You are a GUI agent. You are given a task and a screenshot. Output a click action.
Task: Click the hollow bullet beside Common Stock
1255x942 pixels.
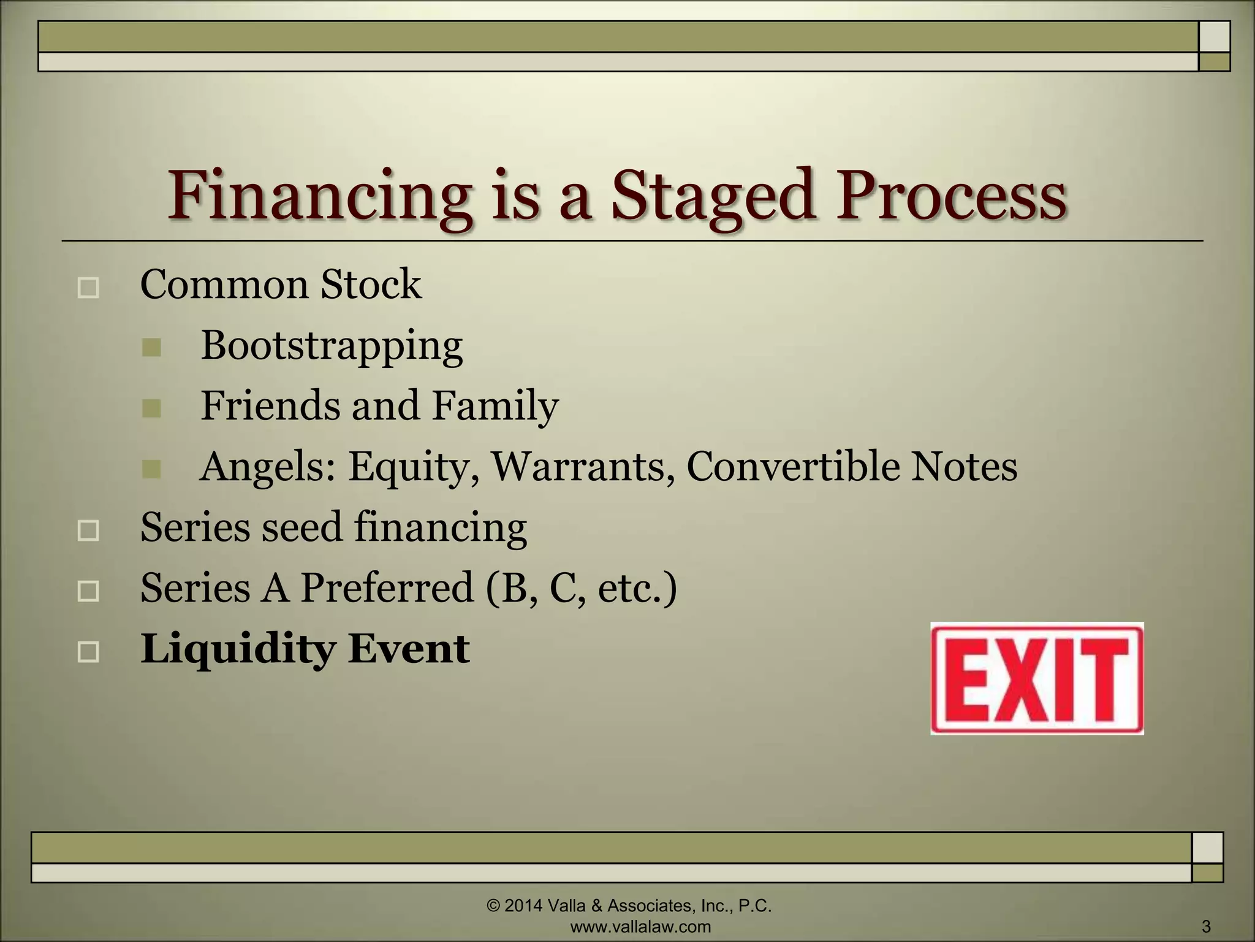coord(89,288)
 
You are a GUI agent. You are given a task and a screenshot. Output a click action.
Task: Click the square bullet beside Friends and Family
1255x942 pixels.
coord(151,408)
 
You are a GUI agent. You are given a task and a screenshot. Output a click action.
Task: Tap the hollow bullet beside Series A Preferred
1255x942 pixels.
coord(89,591)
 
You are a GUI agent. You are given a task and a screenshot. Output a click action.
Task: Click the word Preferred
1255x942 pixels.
coord(387,588)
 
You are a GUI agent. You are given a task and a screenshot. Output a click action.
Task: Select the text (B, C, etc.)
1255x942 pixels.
coord(582,588)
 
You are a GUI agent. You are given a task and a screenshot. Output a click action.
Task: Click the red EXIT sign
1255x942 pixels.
coord(1037,678)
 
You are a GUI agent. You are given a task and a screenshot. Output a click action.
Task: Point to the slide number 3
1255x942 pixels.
coord(1207,926)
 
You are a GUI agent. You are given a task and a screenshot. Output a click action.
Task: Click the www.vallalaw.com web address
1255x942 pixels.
coord(640,927)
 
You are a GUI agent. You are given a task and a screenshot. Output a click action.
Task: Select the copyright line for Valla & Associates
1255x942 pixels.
coord(629,906)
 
